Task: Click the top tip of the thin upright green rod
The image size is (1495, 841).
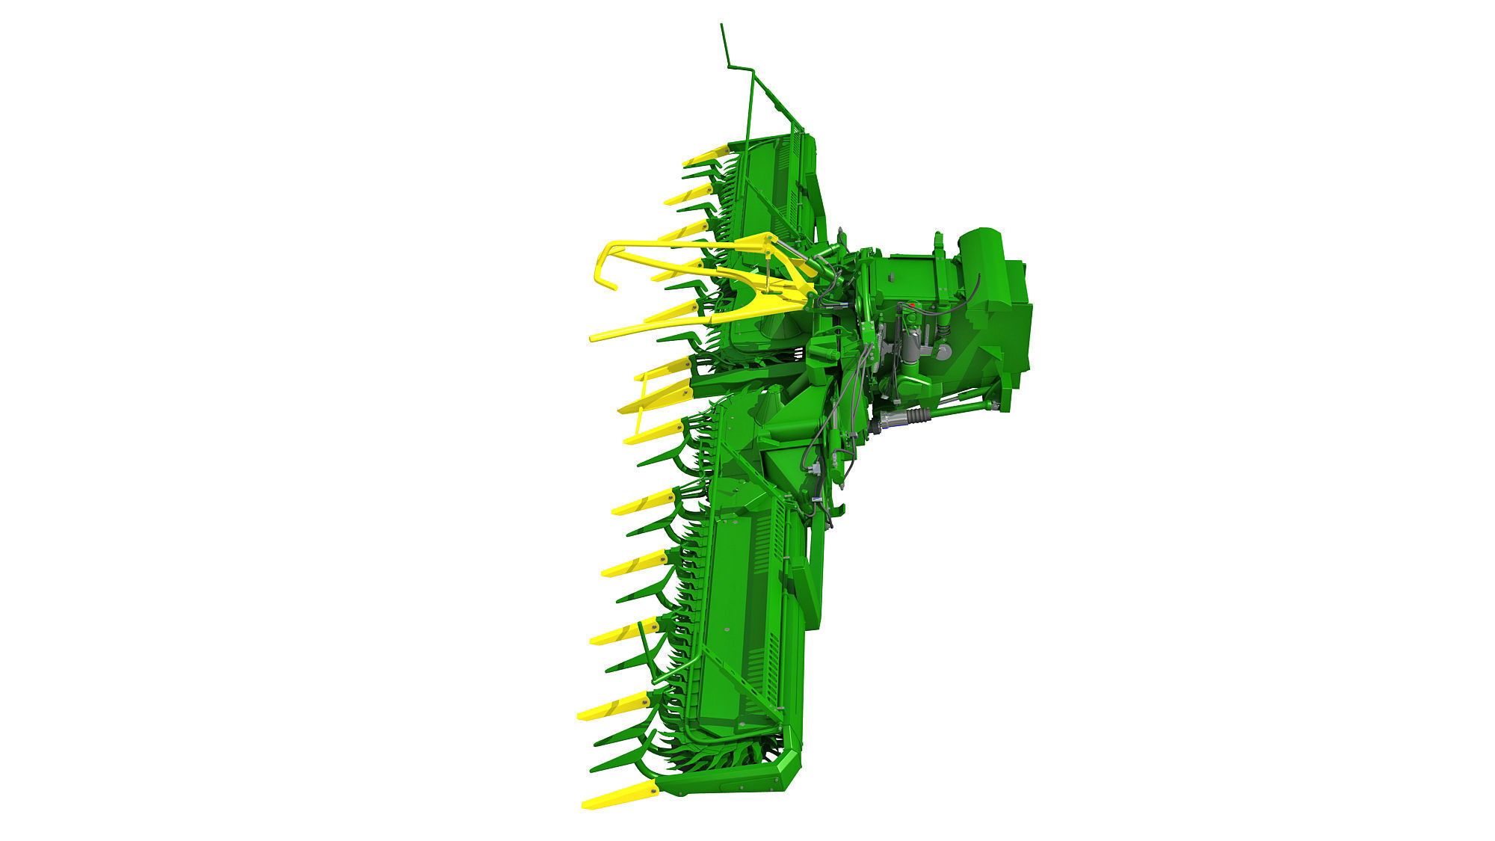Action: (x=722, y=25)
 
